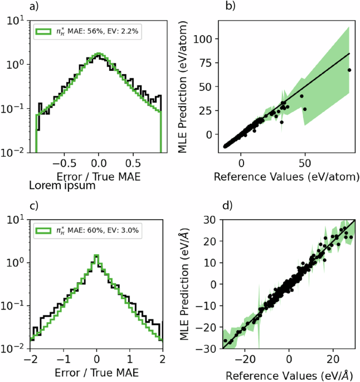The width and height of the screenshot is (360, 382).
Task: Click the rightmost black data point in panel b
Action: coord(349,70)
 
